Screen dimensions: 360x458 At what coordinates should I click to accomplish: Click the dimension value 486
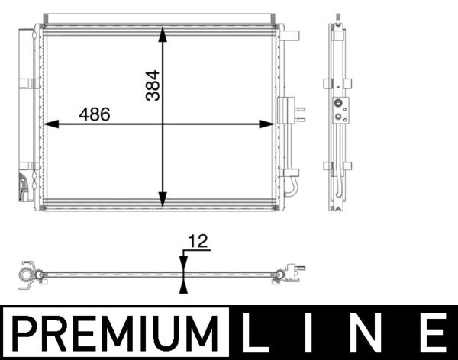coord(95,114)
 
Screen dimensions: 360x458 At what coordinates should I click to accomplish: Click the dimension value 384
coord(153,86)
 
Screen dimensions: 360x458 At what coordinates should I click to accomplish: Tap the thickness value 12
coord(198,242)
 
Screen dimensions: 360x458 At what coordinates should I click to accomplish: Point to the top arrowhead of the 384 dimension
coord(163,34)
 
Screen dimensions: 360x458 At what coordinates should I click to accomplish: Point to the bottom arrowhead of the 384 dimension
coord(163,201)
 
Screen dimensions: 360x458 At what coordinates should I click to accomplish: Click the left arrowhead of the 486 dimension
coord(51,124)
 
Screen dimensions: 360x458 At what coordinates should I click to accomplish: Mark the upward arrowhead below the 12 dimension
coord(182,285)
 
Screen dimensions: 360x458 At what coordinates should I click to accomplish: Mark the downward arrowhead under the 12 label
coord(182,262)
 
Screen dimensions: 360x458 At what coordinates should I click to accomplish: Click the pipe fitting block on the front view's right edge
coord(285,110)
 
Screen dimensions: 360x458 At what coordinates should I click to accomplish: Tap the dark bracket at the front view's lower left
coord(24,187)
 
